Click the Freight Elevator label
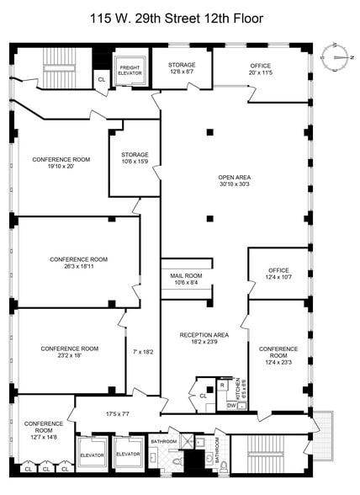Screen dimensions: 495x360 coord(130,70)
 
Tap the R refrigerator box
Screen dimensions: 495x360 coord(222,386)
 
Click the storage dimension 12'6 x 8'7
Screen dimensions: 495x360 coord(181,73)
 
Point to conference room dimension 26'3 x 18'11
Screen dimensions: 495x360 coord(78,264)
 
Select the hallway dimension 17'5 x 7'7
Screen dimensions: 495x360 coord(119,413)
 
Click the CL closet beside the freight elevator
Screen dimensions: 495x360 coord(101,80)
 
